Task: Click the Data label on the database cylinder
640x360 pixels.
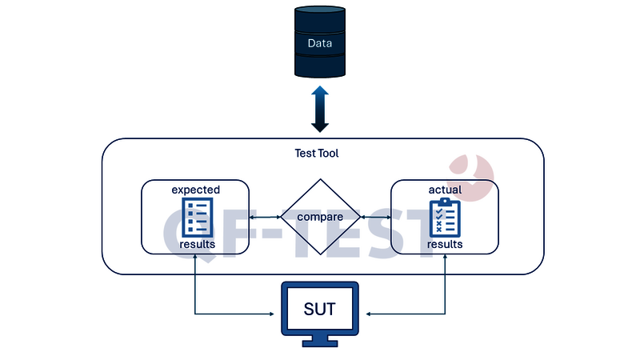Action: pyautogui.click(x=319, y=43)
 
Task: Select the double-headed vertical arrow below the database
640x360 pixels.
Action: pyautogui.click(x=319, y=109)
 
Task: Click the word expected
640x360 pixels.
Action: pyautogui.click(x=195, y=190)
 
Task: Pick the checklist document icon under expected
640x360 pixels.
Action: pyautogui.click(x=196, y=217)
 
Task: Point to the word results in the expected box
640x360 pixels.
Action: pyautogui.click(x=197, y=244)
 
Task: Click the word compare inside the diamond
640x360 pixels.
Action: pyautogui.click(x=319, y=217)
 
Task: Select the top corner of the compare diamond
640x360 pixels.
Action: pyautogui.click(x=319, y=180)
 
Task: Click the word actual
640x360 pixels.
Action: pyautogui.click(x=444, y=190)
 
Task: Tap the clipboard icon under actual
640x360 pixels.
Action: pyautogui.click(x=444, y=217)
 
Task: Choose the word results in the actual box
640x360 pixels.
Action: pyautogui.click(x=445, y=244)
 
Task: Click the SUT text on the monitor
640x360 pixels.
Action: pyautogui.click(x=319, y=308)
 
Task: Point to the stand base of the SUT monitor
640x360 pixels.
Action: pyautogui.click(x=319, y=344)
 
